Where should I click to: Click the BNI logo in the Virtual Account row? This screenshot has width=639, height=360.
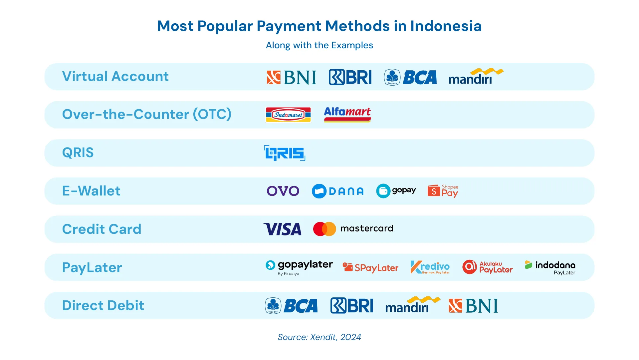tap(291, 77)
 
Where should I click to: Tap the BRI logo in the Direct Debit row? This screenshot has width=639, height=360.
tap(352, 306)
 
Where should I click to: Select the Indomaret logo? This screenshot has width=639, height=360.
tap(288, 115)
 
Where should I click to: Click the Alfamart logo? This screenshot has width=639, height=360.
tap(347, 115)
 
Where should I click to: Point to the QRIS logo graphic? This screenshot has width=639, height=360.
tap(285, 153)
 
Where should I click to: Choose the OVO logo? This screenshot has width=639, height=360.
tap(283, 191)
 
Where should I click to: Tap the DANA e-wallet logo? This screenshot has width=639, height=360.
tap(337, 191)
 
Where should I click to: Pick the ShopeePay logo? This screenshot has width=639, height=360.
tap(443, 191)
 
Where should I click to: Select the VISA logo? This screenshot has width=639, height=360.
tap(282, 229)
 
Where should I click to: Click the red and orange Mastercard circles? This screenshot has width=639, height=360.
tap(324, 229)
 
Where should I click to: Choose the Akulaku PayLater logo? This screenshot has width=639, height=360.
tap(487, 267)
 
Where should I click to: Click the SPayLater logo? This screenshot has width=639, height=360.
tap(370, 268)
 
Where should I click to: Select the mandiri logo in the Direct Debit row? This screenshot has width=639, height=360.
tap(413, 305)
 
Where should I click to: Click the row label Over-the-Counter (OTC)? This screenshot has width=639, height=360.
tap(147, 114)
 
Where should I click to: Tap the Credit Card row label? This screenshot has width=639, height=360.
tap(102, 229)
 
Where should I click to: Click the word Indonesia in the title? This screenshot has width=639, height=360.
tap(446, 26)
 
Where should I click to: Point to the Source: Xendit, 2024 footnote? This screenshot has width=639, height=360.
tap(319, 337)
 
